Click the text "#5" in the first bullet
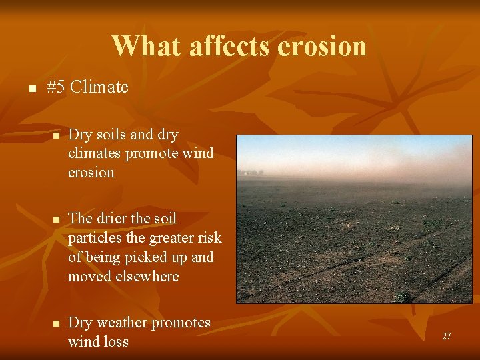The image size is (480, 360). (x=57, y=87)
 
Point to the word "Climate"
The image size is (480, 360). (x=99, y=87)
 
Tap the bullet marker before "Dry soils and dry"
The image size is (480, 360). (x=57, y=135)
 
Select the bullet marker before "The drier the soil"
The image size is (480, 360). (x=57, y=219)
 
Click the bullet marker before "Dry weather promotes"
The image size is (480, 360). (x=57, y=323)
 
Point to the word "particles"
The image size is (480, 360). (x=93, y=237)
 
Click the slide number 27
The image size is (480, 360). (x=446, y=337)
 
